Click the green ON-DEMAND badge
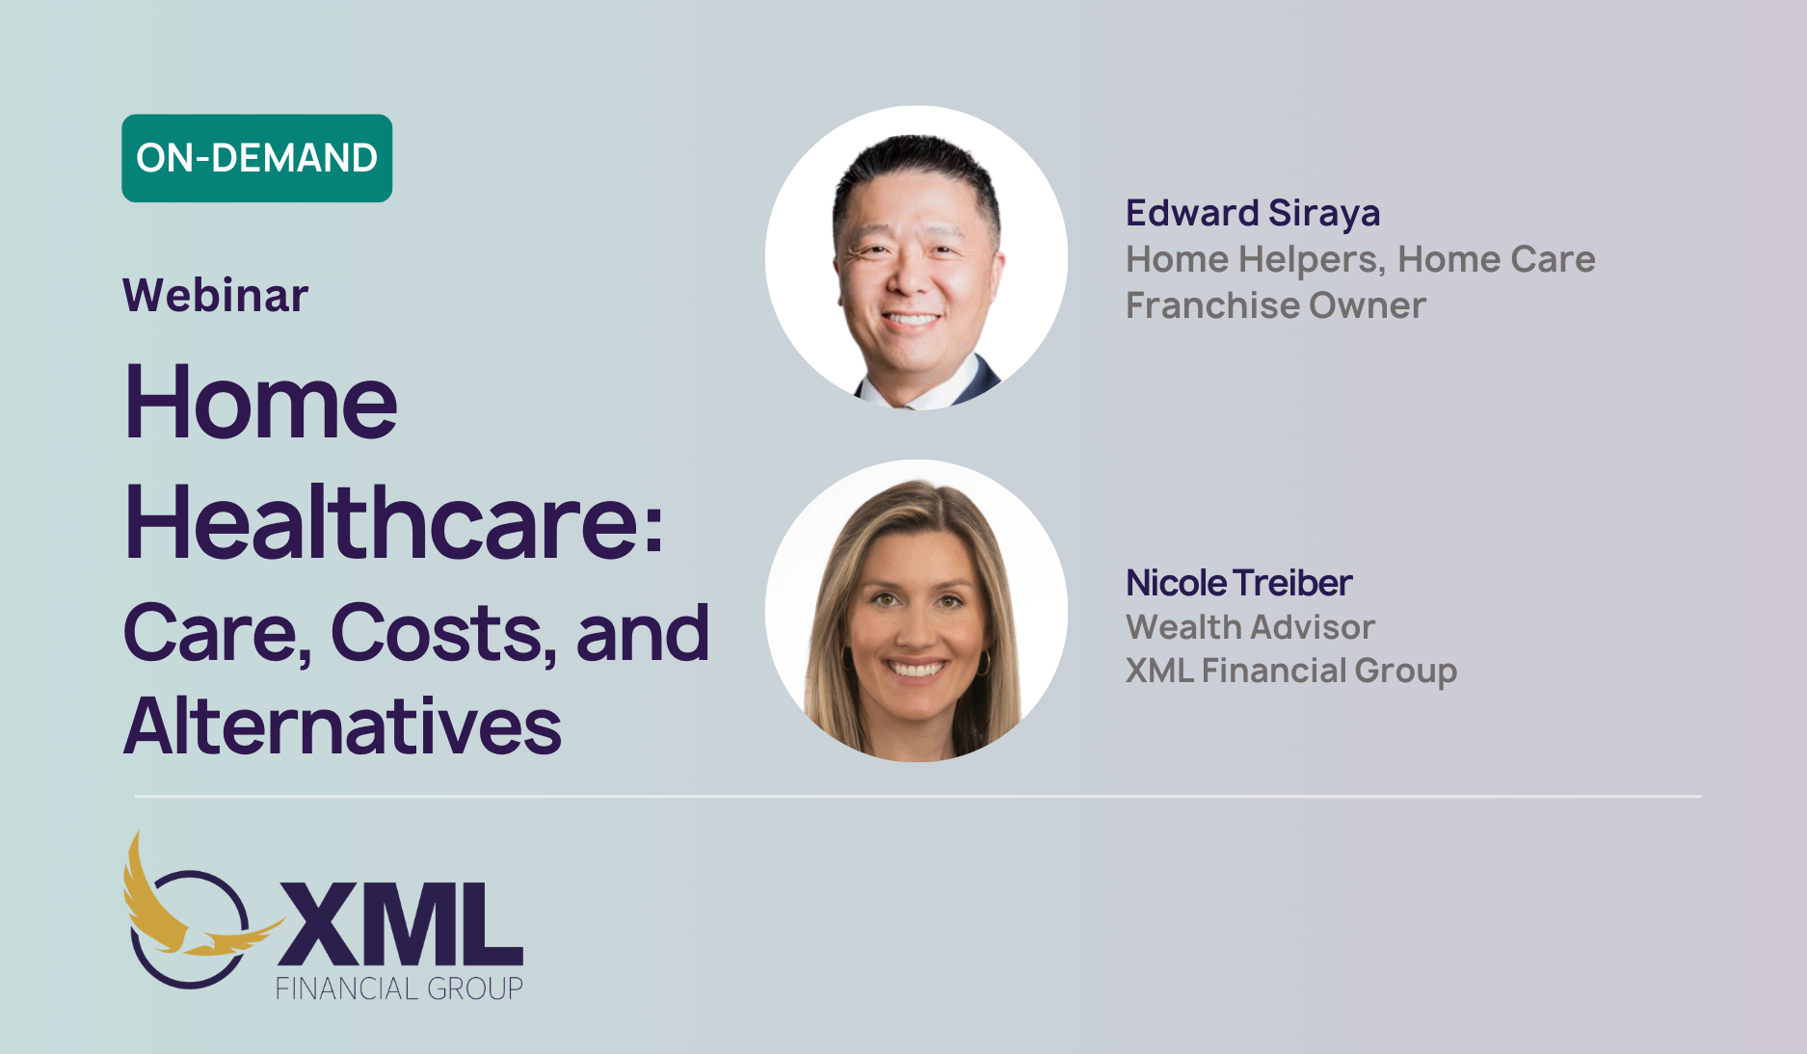[x=256, y=158]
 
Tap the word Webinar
[x=216, y=295]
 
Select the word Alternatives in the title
[x=342, y=725]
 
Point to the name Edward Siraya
[x=1253, y=214]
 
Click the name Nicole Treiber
[x=1239, y=583]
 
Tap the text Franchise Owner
[x=1276, y=305]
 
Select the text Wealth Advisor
[x=1250, y=627]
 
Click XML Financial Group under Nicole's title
[x=1291, y=671]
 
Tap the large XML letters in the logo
[x=400, y=923]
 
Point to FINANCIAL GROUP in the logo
[x=399, y=988]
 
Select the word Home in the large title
[x=261, y=402]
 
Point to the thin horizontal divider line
[x=917, y=797]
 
